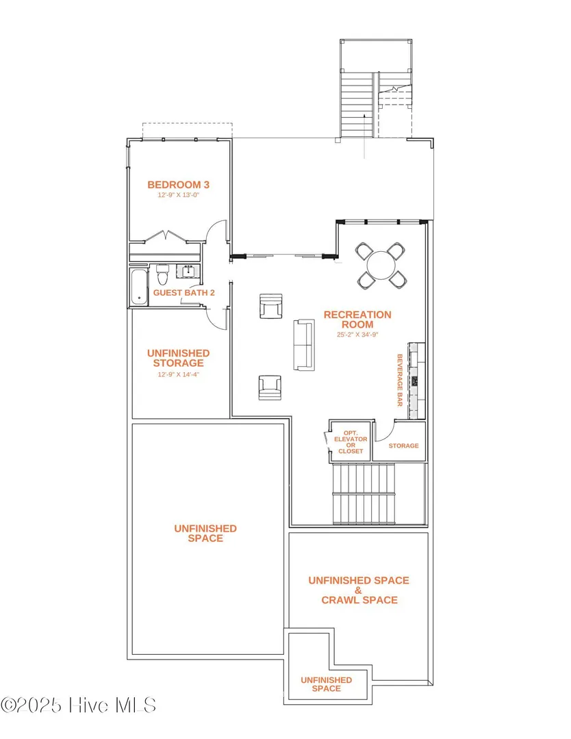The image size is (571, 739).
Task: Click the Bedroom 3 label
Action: coord(178,185)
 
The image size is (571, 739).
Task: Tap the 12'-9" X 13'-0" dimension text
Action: coord(178,195)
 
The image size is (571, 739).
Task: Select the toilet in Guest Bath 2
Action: coord(162,275)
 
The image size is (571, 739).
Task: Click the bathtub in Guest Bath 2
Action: coord(139,287)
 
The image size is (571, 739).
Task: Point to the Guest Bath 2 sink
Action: coord(188,272)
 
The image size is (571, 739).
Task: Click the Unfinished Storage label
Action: coord(178,358)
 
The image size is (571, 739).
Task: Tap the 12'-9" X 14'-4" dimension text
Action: coord(178,375)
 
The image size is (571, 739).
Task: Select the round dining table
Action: coord(381,265)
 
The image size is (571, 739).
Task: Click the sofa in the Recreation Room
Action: coord(304,344)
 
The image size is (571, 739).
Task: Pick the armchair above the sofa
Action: coord(271,305)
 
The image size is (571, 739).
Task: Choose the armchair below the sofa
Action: coord(270,387)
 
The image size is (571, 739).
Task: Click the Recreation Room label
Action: coord(357,320)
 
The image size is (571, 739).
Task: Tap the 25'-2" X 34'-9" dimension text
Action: coord(357,335)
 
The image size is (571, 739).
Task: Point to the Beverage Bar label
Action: coord(400,380)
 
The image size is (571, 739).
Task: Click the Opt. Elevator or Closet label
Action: coord(351,442)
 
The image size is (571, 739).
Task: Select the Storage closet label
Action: coord(404,445)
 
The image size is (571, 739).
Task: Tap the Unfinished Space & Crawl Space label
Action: coord(359,590)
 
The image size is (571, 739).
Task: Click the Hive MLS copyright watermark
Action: coord(78,705)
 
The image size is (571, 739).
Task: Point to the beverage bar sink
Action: coord(414,381)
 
